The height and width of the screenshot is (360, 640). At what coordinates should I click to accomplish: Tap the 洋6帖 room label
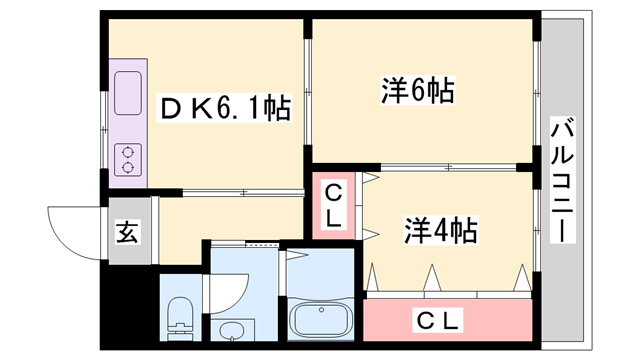point(417,91)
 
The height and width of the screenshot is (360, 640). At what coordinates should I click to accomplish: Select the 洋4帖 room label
point(439,230)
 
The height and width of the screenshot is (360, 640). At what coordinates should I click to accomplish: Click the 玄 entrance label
point(127,233)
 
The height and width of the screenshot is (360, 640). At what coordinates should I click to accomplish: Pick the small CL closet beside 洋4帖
point(334,203)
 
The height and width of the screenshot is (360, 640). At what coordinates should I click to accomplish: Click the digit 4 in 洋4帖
point(441,230)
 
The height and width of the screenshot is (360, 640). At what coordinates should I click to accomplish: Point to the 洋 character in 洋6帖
point(394,91)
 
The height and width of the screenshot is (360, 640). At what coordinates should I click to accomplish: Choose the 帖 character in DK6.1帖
point(277,108)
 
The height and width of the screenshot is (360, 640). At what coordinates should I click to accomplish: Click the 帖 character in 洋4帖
point(463,230)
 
